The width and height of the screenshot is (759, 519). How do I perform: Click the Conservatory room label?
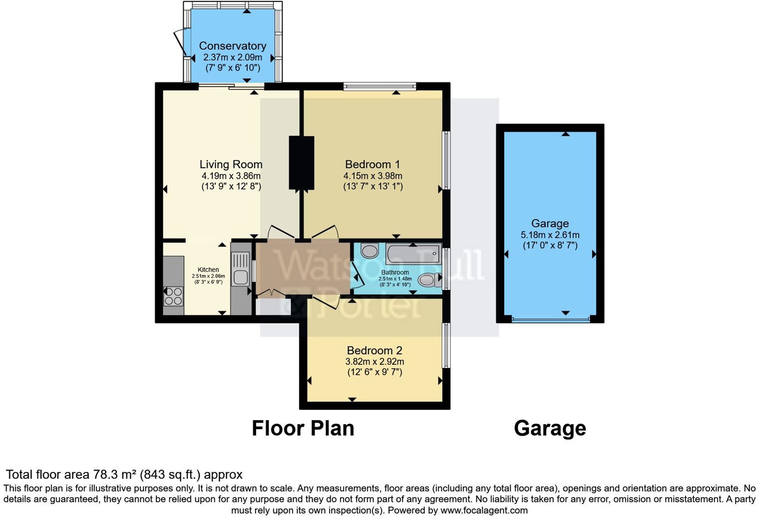click(232, 46)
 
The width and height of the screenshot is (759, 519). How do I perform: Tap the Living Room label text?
click(231, 164)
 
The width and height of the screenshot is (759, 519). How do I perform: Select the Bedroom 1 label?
click(373, 164)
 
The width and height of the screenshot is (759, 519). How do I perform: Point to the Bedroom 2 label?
click(375, 350)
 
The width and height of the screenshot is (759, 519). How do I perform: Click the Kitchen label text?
click(208, 269)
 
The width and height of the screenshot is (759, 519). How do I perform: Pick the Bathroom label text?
click(394, 272)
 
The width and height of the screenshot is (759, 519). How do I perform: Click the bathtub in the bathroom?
click(413, 255)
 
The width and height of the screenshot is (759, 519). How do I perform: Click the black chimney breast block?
click(302, 163)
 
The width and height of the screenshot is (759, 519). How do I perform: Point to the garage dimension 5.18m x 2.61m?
click(550, 235)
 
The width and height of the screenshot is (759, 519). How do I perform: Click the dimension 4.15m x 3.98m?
click(373, 176)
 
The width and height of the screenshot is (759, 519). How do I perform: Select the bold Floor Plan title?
click(303, 428)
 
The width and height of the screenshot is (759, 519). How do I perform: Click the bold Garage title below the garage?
click(550, 428)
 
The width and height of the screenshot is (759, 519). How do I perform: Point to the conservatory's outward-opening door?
click(179, 44)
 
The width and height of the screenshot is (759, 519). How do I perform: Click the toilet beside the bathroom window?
click(427, 280)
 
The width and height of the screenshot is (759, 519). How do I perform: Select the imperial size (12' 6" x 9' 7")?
click(375, 372)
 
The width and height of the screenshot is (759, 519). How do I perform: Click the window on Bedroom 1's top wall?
click(379, 87)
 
